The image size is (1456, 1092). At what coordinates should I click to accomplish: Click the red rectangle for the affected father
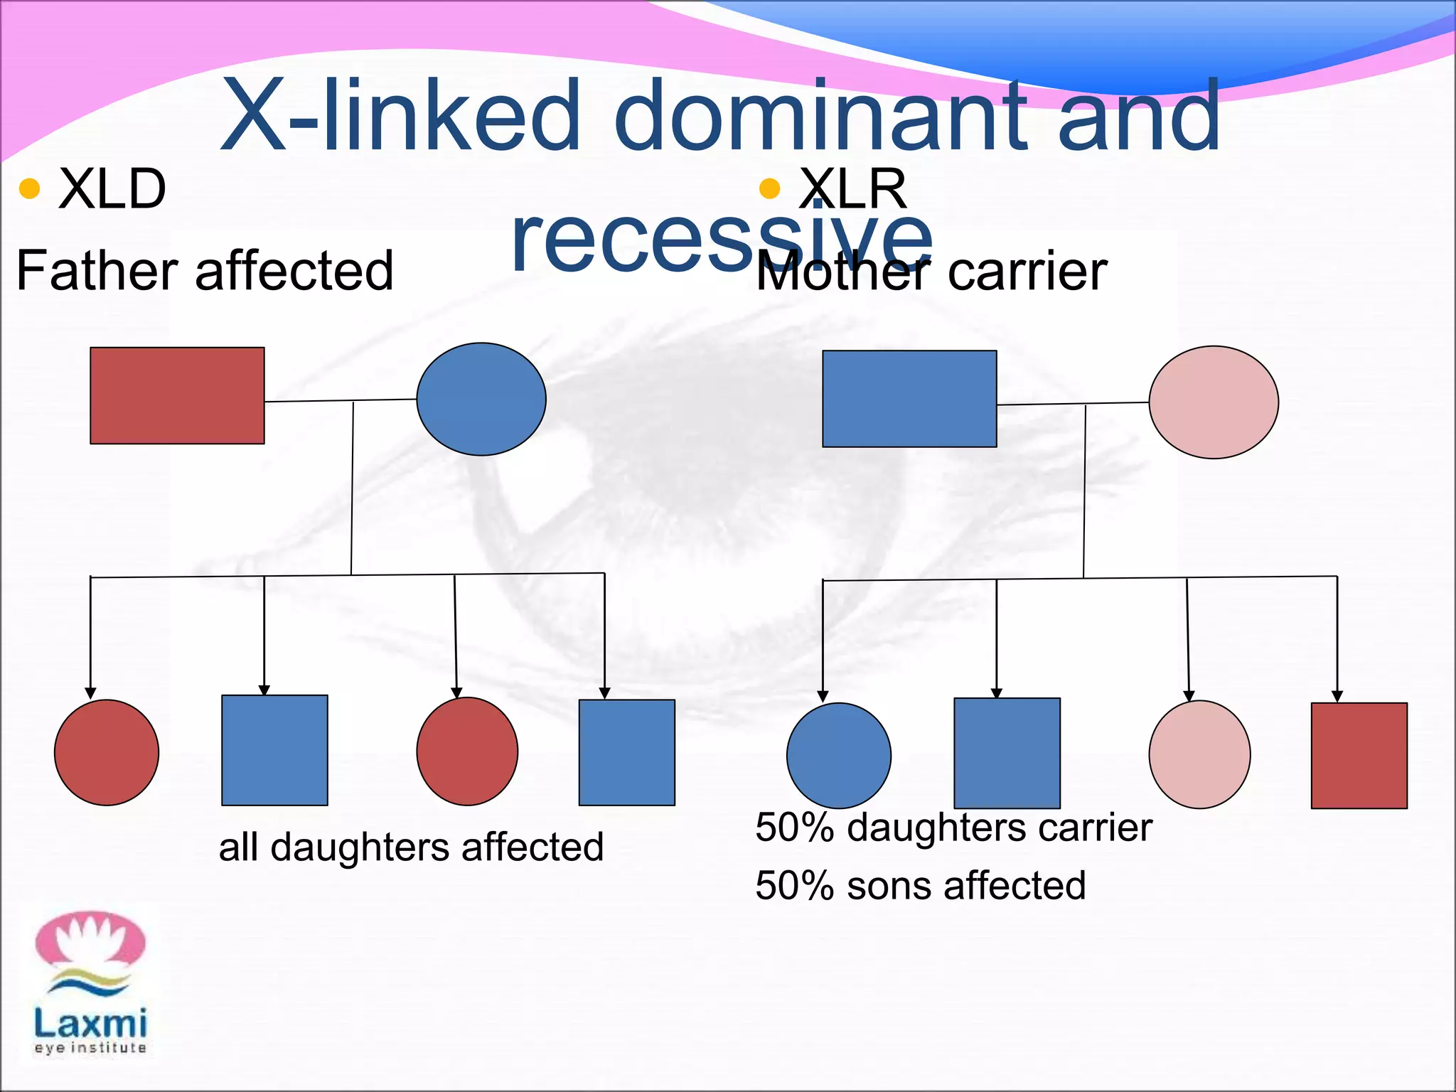point(177,395)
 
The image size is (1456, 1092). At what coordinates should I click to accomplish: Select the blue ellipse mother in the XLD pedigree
point(481,399)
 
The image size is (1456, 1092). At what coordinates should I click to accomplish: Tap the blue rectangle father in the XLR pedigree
point(909,399)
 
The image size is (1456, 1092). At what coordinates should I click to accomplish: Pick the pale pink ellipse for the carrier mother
point(1214,402)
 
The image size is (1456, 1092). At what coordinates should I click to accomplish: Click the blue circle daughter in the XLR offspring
point(839,755)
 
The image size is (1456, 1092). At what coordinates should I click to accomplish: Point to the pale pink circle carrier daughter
point(1199,754)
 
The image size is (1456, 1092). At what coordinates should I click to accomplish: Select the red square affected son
point(1359,755)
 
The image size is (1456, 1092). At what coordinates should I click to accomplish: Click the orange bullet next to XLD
point(29,189)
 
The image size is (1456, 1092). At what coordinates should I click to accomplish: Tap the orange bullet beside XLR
point(769,189)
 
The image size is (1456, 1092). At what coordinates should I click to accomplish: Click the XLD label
point(112,189)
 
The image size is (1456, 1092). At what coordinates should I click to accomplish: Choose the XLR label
point(853,189)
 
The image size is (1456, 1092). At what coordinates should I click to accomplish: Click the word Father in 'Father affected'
point(97,271)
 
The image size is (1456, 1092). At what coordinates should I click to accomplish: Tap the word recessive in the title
point(722,238)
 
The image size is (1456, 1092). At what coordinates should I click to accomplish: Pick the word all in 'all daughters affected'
point(238,847)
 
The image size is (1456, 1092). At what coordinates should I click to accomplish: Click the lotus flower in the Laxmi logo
point(90,940)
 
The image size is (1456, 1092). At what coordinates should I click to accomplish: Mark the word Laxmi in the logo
point(90,1024)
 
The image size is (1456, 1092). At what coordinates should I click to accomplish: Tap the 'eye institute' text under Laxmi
point(90,1048)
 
